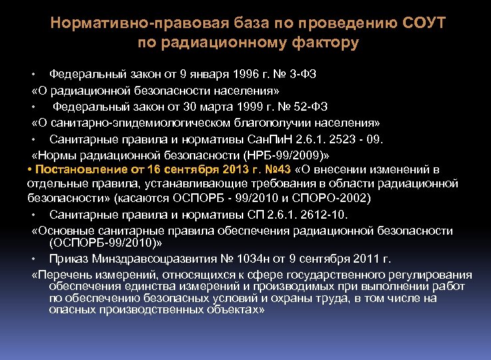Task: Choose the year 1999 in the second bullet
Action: point(238,107)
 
